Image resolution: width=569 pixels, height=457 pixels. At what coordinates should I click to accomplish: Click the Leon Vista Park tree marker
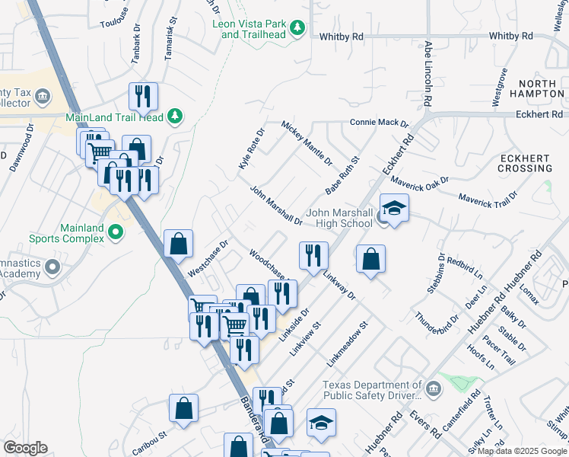(298, 29)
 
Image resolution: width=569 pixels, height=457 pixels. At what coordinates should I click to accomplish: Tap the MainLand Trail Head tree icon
(176, 116)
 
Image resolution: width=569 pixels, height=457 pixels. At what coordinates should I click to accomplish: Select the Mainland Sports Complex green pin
(116, 232)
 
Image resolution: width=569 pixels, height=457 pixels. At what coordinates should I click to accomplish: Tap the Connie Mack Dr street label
(379, 123)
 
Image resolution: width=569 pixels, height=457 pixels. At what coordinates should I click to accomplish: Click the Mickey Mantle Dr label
(307, 143)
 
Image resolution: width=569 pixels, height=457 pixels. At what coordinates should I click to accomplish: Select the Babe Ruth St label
(342, 177)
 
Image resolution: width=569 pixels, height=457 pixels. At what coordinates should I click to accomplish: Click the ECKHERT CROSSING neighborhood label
(524, 163)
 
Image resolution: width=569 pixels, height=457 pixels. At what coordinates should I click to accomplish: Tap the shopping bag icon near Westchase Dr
(178, 244)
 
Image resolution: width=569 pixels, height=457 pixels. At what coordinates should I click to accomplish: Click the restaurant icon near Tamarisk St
(143, 96)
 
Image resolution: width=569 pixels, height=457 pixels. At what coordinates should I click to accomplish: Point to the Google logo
(26, 448)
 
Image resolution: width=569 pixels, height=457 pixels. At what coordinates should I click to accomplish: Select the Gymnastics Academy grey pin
(52, 267)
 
